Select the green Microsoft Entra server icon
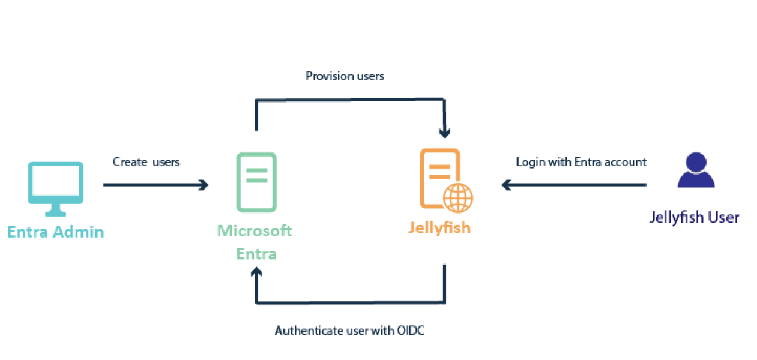[256, 182]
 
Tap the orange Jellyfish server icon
[441, 178]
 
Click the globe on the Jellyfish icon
[458, 196]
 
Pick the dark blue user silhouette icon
[696, 171]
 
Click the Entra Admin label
[55, 232]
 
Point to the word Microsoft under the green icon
[255, 231]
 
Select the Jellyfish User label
[694, 217]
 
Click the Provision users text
[345, 76]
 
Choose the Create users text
[146, 162]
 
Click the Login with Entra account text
[581, 162]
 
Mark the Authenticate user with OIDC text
[349, 331]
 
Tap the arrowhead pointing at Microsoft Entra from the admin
[204, 185]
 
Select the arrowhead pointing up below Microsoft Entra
[256, 274]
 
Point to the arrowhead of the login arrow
[506, 185]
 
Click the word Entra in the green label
[256, 253]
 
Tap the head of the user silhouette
[696, 161]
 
